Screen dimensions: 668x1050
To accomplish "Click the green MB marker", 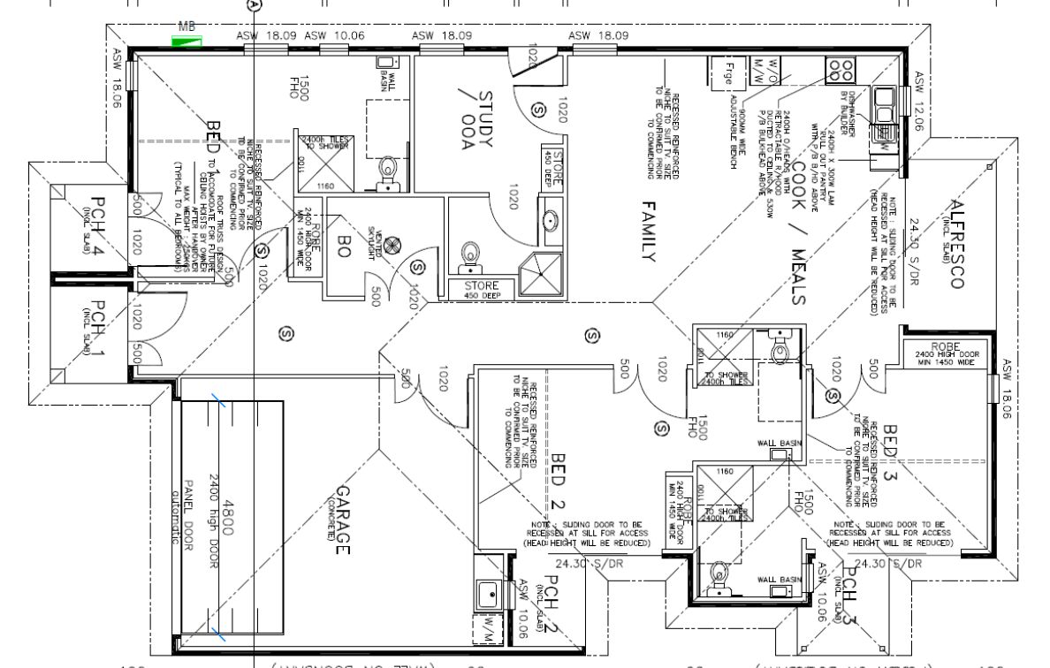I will coord(187,40).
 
